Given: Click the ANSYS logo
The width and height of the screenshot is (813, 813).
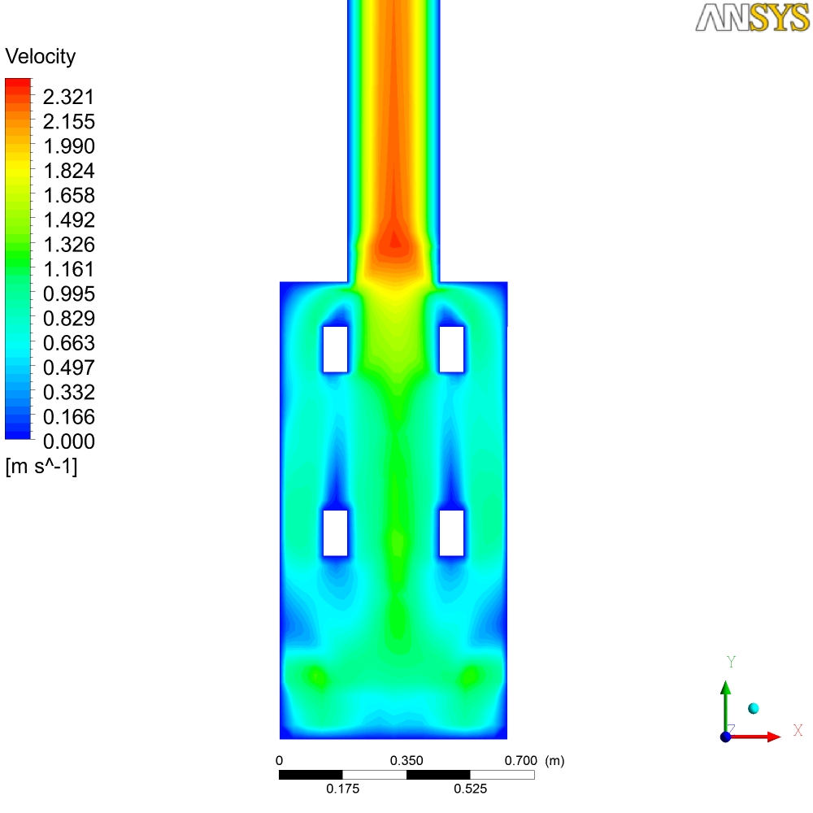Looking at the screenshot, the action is [x=752, y=18].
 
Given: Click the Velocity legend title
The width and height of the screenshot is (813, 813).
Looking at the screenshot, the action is [x=41, y=57].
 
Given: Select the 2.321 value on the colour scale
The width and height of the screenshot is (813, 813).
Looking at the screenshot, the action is [x=68, y=97].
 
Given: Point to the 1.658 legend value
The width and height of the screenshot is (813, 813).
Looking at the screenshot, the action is [x=68, y=195].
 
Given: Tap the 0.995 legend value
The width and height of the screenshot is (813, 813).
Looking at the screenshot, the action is [x=68, y=294].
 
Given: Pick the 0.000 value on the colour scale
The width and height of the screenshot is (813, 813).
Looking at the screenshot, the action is [x=68, y=441].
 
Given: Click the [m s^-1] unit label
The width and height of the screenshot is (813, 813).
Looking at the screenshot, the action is [x=41, y=467].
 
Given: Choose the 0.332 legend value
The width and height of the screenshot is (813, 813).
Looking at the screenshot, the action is [x=68, y=393].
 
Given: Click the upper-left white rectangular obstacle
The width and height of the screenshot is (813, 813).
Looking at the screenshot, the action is [x=336, y=350].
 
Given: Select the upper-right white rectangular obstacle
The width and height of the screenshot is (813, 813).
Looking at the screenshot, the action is [x=451, y=350].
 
